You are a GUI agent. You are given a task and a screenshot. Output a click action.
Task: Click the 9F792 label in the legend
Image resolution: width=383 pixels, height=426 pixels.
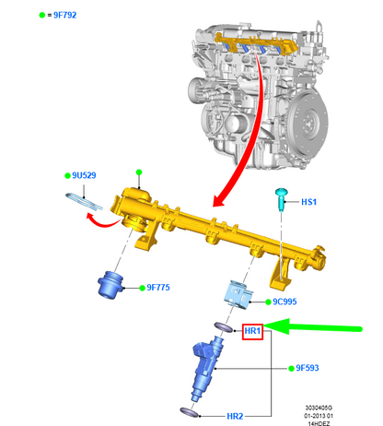click(x=64, y=15)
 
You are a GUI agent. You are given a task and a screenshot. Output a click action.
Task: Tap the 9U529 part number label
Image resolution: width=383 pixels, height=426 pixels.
click(x=84, y=175)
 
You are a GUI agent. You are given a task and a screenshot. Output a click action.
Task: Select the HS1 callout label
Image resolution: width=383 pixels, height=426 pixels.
click(x=308, y=202)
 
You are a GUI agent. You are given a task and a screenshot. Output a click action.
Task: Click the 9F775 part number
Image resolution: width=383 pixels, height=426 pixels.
click(x=158, y=288)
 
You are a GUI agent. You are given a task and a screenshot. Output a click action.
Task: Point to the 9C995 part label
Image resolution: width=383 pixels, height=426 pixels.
click(x=284, y=302)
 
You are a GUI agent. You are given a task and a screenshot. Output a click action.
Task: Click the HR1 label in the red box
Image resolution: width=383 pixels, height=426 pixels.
click(x=252, y=331)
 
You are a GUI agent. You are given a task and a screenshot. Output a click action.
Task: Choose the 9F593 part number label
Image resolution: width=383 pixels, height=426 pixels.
click(x=308, y=368)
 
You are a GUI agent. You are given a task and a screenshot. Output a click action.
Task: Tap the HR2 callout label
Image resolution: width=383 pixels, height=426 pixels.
click(x=235, y=416)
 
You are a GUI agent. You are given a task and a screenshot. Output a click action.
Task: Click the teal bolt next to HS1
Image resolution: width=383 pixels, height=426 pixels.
click(x=281, y=200)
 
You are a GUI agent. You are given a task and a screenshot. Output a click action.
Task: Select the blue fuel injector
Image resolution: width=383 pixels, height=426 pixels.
click(x=207, y=368)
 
